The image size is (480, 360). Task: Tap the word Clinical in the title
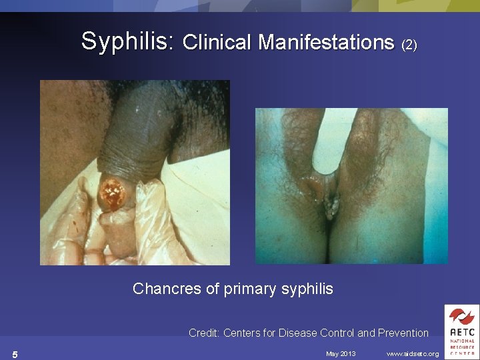[217, 43]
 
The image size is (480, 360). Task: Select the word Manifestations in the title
[326, 43]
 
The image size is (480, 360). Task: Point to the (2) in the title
[409, 45]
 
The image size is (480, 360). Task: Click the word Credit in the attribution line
[203, 333]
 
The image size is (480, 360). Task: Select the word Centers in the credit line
[243, 333]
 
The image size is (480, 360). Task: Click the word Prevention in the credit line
[403, 333]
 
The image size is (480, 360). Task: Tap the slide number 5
[15, 354]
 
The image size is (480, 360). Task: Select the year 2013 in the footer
[348, 353]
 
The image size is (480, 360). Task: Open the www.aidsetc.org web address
[412, 353]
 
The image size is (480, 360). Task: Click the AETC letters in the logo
[461, 331]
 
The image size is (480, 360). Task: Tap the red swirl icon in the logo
[461, 316]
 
